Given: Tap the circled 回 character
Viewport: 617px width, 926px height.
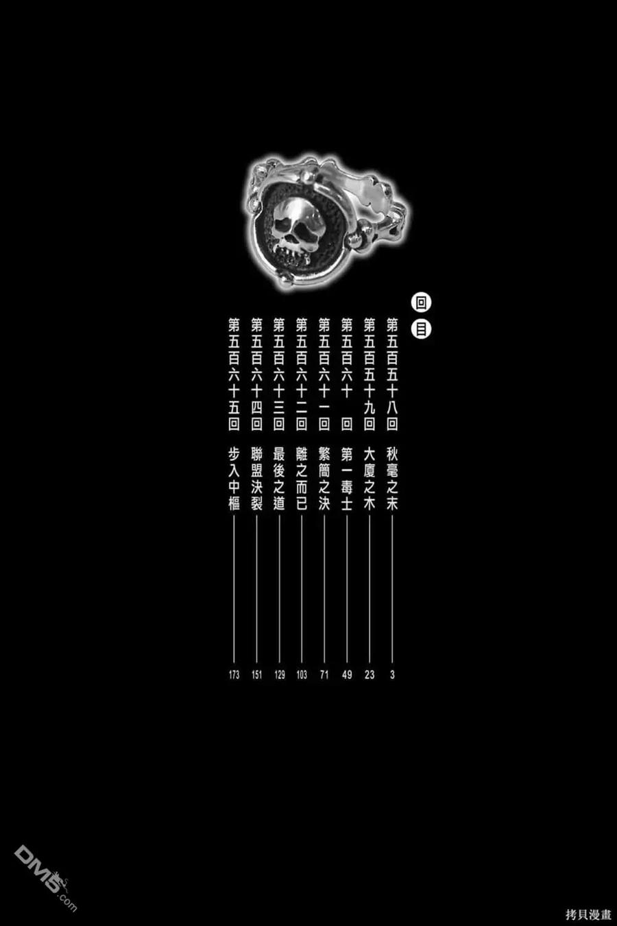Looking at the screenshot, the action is [x=421, y=303].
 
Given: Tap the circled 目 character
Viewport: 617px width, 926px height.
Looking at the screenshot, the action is [x=421, y=330].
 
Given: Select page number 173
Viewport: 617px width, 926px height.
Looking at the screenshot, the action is [x=234, y=675].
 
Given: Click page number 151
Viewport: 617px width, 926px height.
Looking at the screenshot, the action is [x=256, y=675].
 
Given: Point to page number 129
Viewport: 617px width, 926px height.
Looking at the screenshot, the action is [x=280, y=675].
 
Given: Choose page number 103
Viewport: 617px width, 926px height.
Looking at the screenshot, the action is [x=302, y=675].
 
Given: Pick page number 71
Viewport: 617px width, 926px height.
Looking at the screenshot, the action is [x=324, y=675].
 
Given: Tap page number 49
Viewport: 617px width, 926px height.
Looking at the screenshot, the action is [x=347, y=675].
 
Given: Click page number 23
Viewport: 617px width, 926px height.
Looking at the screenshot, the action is [x=370, y=675].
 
